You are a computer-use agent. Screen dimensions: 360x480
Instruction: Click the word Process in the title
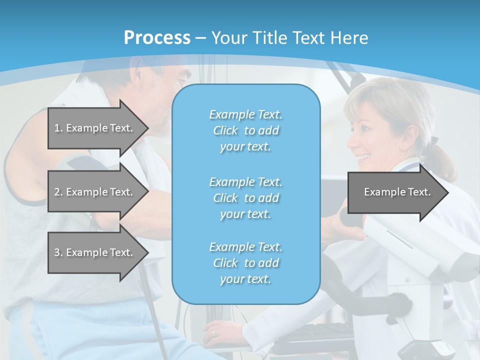(x=157, y=38)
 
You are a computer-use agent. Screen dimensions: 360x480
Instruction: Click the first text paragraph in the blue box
(x=245, y=130)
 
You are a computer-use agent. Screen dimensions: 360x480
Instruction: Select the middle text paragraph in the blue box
(x=245, y=198)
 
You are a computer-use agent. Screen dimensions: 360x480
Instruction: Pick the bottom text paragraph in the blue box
(x=245, y=263)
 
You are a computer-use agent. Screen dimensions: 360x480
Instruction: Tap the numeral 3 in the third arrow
(x=57, y=252)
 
